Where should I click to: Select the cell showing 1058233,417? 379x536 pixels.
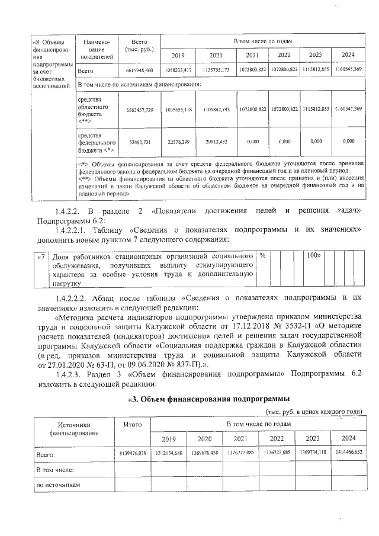point(178,70)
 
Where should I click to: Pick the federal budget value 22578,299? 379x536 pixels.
point(178,142)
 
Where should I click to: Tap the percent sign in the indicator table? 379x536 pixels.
point(261,255)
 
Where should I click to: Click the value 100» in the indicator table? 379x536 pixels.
point(313,255)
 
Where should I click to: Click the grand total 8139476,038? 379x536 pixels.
point(132,453)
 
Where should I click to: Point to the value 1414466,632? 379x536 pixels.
point(346,453)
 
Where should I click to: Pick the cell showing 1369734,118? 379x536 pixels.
point(312,453)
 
